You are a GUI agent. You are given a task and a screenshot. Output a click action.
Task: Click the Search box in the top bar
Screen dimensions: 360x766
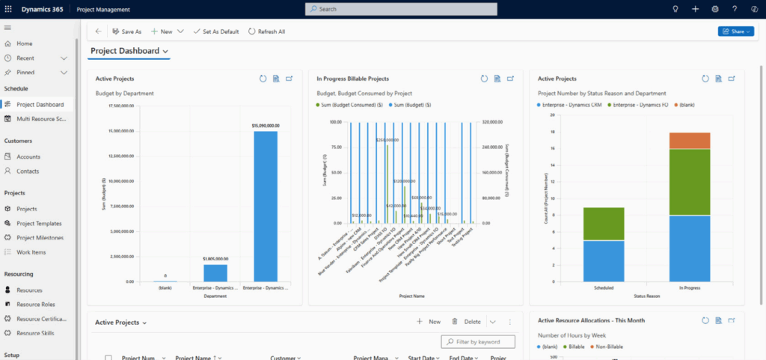401,9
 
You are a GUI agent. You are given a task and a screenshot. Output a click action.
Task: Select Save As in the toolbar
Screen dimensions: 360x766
126,31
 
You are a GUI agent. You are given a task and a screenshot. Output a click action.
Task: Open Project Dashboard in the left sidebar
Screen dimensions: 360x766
40,105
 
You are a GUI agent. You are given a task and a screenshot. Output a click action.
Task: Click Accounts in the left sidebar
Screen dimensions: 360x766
28,157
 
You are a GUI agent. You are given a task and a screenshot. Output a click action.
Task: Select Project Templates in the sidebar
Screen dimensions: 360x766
39,224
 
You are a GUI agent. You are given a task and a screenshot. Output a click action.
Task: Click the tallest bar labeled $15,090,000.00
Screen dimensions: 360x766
266,206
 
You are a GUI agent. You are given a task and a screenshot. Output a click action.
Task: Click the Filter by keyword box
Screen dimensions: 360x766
479,342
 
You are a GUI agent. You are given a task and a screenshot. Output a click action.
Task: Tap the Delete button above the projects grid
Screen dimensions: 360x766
466,322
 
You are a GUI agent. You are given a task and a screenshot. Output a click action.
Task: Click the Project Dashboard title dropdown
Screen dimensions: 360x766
129,51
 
